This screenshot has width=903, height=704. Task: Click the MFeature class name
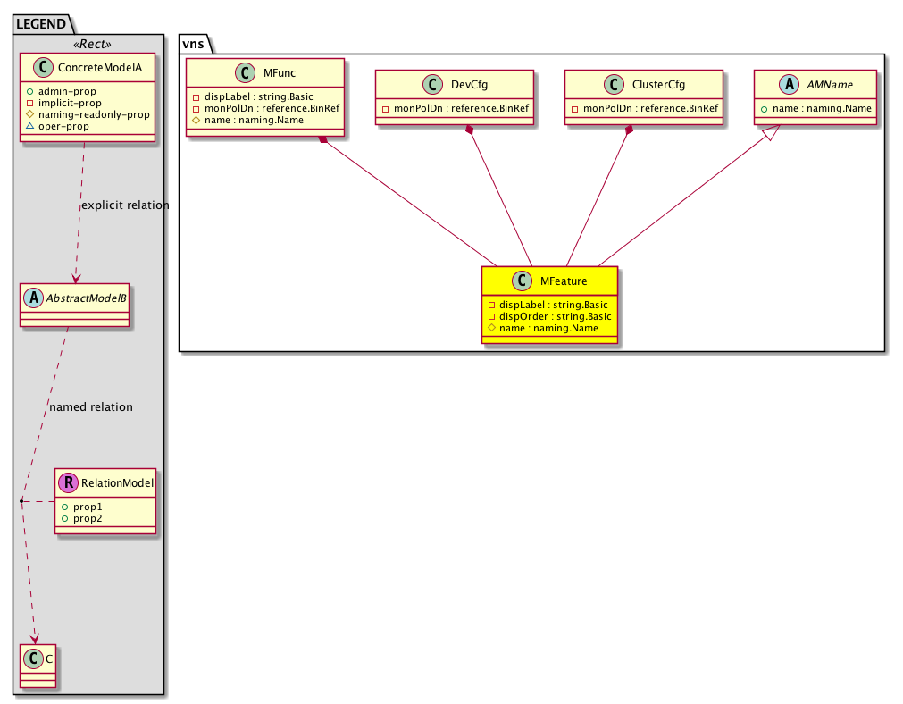pos(564,281)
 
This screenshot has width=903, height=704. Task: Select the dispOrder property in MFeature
pos(549,316)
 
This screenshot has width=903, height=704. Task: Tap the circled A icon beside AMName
pos(789,85)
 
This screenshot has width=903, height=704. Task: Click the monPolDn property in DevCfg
pos(455,108)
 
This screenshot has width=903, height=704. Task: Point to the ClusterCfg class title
pos(658,85)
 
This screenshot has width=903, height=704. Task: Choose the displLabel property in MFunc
pos(253,96)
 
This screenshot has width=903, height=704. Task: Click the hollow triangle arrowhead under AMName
pos(772,132)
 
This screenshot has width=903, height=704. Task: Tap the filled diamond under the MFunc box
pos(323,139)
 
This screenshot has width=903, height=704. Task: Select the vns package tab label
pos(194,45)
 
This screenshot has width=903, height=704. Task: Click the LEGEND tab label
pos(41,24)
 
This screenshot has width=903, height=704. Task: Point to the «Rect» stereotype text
pos(92,45)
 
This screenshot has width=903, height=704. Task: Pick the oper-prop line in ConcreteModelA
pos(57,126)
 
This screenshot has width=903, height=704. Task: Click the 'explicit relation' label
pos(125,205)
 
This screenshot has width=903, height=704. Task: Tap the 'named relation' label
pos(91,407)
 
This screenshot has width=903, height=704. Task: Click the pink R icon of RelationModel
pos(68,482)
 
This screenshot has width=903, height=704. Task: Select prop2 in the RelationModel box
pos(82,518)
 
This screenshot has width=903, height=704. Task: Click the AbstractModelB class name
pos(86,298)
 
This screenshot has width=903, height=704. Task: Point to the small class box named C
pos(38,666)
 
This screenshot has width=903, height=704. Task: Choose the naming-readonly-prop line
pos(88,114)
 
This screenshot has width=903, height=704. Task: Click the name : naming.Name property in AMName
pos(816,108)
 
